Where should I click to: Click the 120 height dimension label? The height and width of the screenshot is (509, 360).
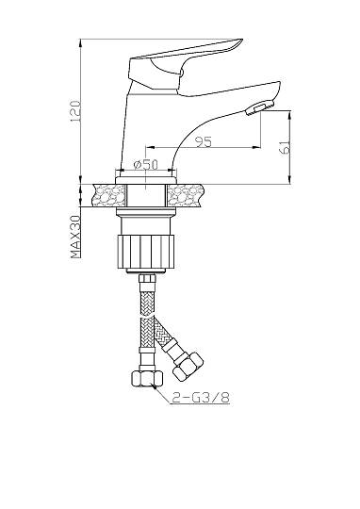[75, 111]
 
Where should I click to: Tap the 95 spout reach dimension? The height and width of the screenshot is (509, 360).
[204, 141]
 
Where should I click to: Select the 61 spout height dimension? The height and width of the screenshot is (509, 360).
[286, 147]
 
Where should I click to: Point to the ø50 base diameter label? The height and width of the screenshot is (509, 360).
[145, 164]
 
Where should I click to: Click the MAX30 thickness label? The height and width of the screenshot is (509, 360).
[75, 237]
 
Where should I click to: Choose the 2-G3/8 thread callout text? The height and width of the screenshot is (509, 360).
[201, 397]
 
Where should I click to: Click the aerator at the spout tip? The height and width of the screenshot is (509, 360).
[260, 107]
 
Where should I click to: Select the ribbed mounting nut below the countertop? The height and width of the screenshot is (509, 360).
[145, 252]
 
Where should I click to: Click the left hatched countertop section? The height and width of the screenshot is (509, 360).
[109, 195]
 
